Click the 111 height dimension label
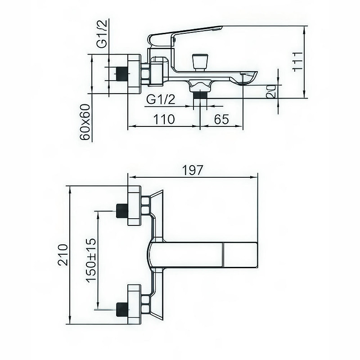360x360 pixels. pos(297,61)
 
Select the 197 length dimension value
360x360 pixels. pos(193,170)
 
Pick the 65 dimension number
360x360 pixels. pos(221,119)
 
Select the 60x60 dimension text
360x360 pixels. pos(85,122)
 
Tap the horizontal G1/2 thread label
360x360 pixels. pos(160,100)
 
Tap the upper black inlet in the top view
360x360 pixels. pos(121,211)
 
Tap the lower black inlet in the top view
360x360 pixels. pos(121,309)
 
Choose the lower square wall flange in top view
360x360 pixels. pos(135,304)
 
